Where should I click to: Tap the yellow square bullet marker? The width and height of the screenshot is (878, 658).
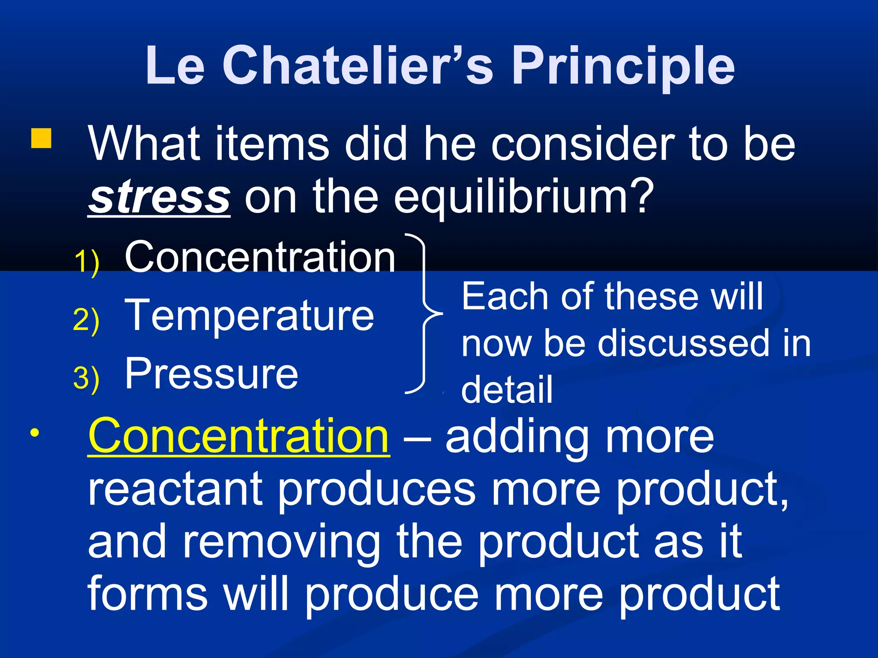(x=41, y=138)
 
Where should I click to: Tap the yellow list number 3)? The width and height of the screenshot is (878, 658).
(x=86, y=378)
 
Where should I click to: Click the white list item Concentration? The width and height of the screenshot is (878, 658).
(x=260, y=257)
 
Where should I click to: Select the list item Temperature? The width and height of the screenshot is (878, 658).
(x=249, y=316)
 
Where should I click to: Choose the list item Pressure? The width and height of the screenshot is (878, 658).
(x=211, y=374)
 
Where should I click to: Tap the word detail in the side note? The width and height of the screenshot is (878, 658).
(x=507, y=389)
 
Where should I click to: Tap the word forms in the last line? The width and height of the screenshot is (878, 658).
(x=147, y=595)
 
